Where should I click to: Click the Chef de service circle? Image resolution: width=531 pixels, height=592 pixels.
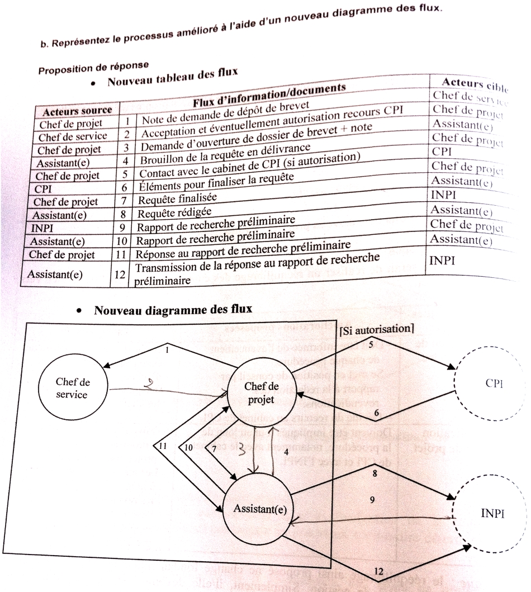72,388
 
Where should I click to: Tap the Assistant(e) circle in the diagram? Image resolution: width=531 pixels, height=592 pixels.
259,508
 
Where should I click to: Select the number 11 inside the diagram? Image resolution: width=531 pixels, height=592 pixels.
163,447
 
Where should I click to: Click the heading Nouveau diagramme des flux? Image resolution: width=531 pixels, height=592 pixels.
173,309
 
